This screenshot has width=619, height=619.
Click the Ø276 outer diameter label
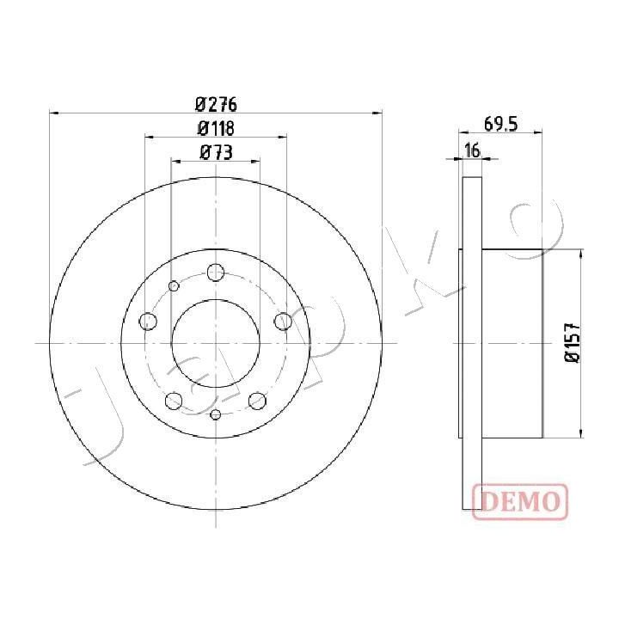(216, 105)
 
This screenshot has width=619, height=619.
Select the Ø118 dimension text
(216, 128)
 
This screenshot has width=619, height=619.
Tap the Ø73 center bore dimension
(217, 152)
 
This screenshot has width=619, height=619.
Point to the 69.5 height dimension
(500, 125)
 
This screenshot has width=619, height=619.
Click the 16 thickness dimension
(472, 150)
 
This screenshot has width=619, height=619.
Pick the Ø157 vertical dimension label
(572, 342)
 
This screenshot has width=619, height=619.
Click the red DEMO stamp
(520, 501)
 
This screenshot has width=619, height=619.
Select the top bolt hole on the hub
(216, 273)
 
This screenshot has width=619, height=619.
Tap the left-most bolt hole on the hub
(149, 321)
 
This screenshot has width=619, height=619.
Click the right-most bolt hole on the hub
(283, 321)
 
